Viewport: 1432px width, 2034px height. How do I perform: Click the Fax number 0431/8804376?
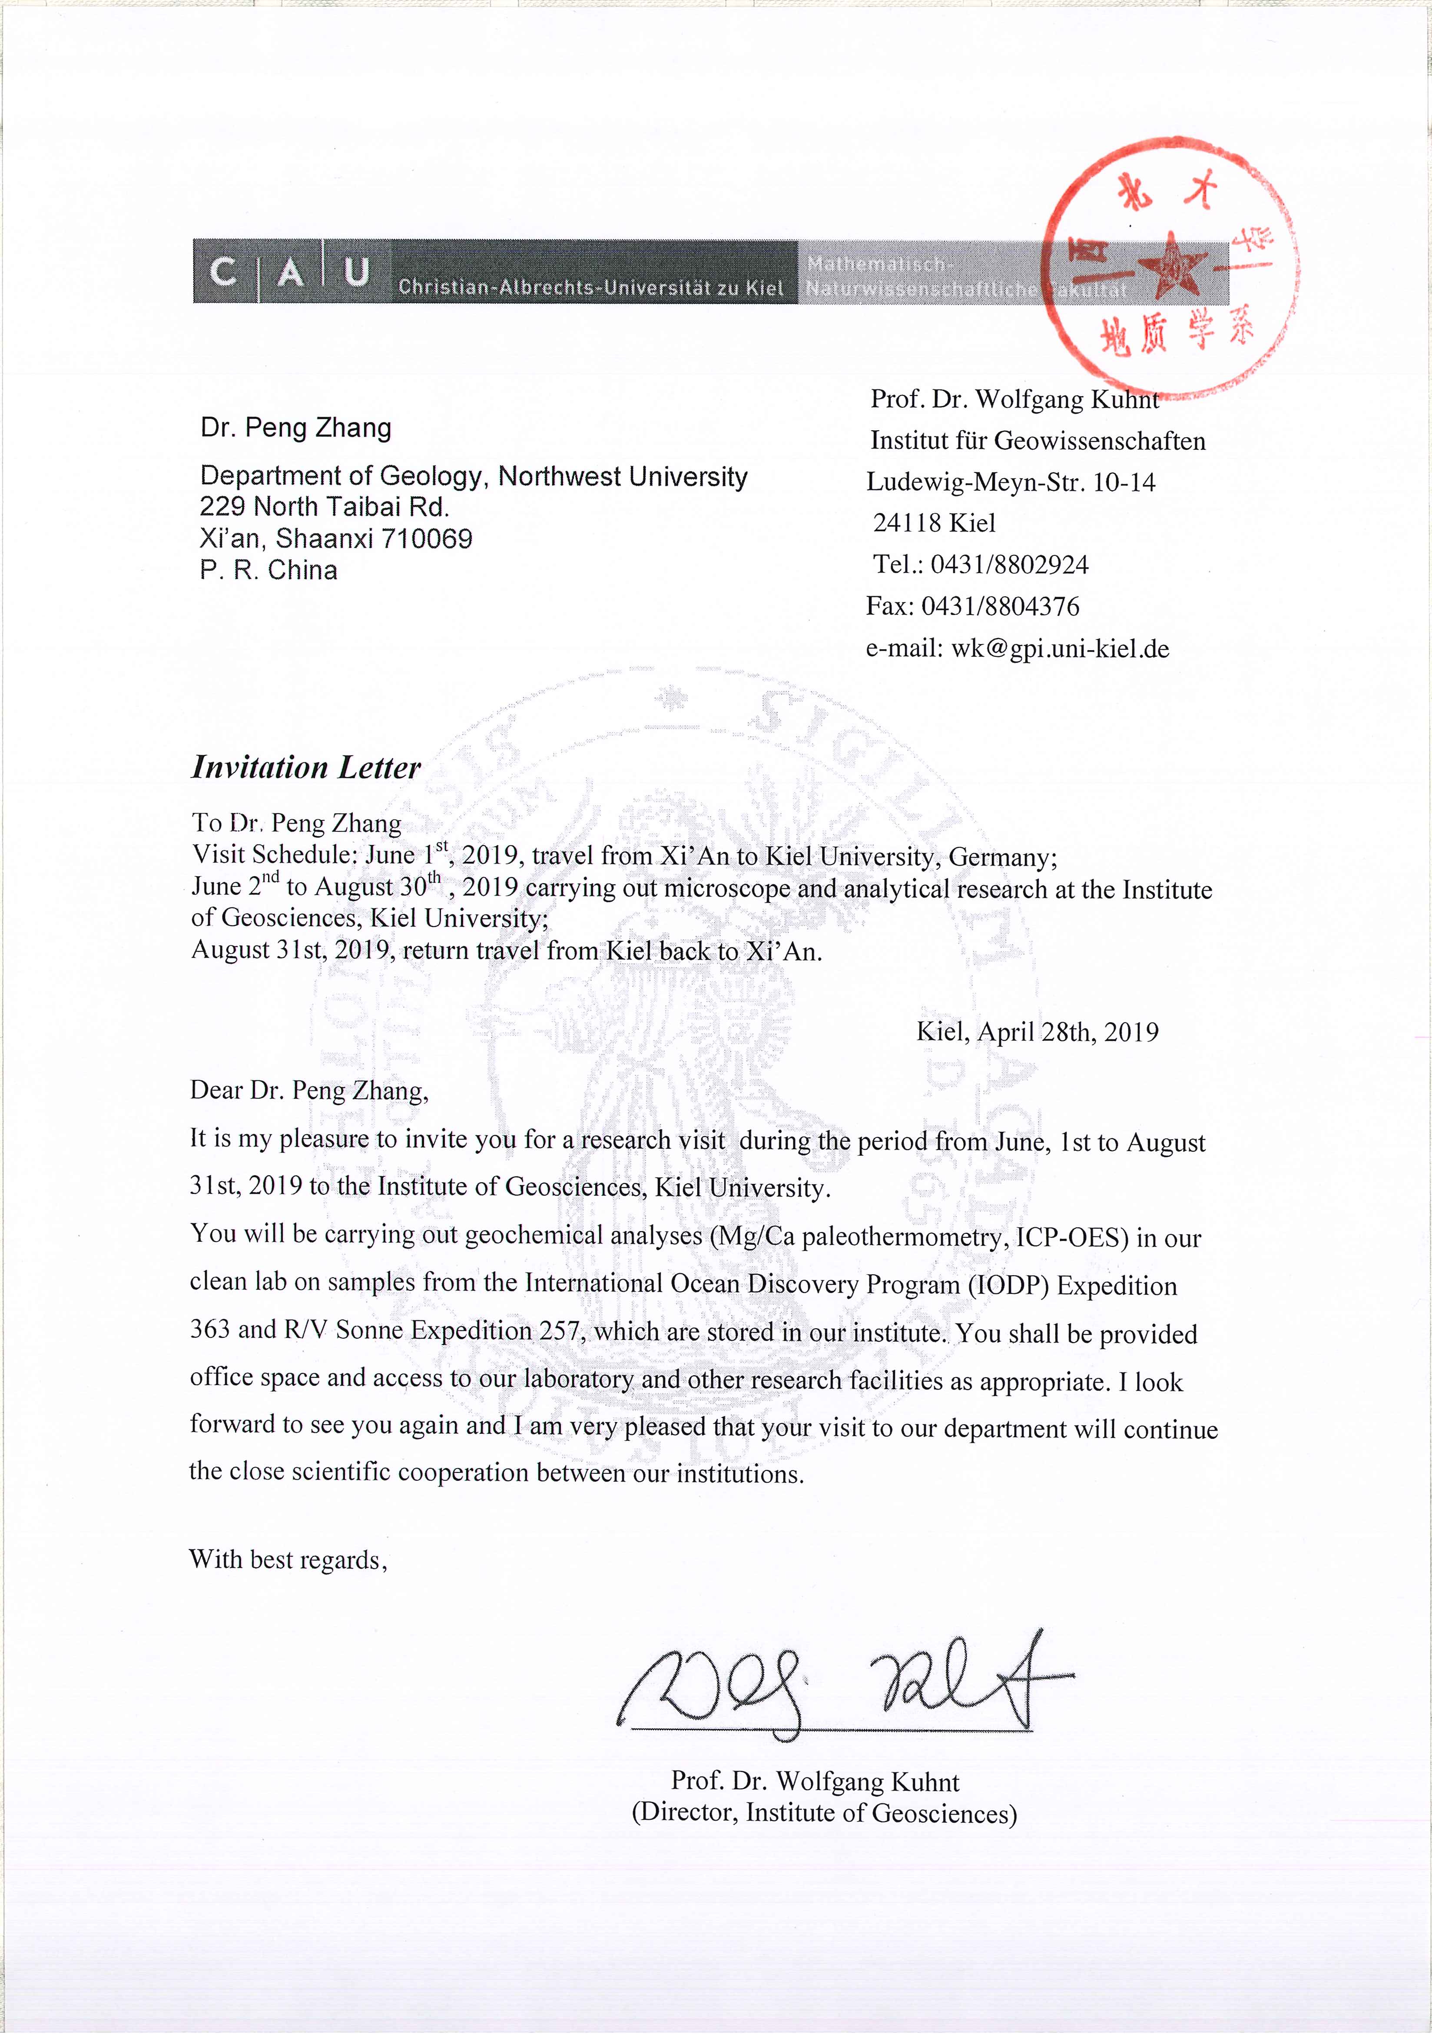(x=1000, y=607)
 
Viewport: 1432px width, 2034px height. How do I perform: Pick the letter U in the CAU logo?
(x=357, y=272)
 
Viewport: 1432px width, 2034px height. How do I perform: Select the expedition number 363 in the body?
(x=209, y=1330)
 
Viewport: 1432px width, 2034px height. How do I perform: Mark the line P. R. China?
(x=268, y=571)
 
